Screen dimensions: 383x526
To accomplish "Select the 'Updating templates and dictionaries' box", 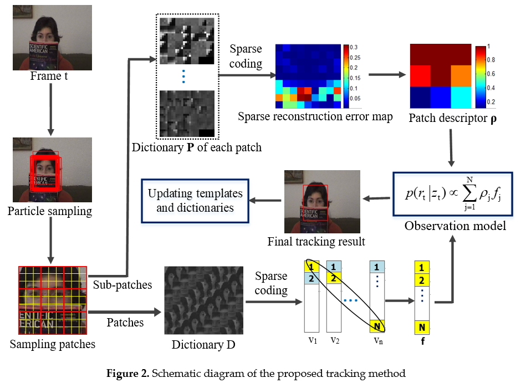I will (195, 200).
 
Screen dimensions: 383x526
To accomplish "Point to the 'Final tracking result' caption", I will (316, 242).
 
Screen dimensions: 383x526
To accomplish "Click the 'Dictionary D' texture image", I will (203, 300).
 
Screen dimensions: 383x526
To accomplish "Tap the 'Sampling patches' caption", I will (52, 344).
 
